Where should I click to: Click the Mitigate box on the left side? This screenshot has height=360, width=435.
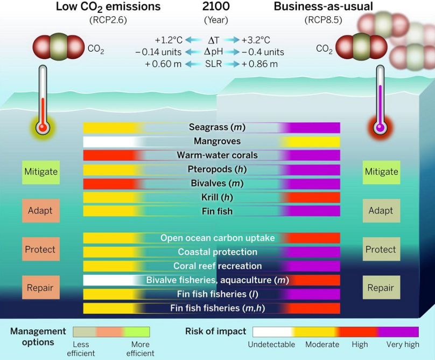[41, 172]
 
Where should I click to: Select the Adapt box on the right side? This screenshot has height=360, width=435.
[381, 211]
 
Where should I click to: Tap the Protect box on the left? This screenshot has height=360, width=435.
[40, 250]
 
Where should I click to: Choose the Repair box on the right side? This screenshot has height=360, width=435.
[381, 288]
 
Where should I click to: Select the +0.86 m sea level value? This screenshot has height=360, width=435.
[260, 64]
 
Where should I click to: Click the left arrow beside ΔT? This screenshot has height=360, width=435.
[193, 40]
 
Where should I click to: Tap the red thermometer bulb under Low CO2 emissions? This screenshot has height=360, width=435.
[41, 128]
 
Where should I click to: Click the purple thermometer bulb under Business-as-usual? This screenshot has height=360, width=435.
[381, 128]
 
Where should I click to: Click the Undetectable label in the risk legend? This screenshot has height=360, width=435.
[271, 344]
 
